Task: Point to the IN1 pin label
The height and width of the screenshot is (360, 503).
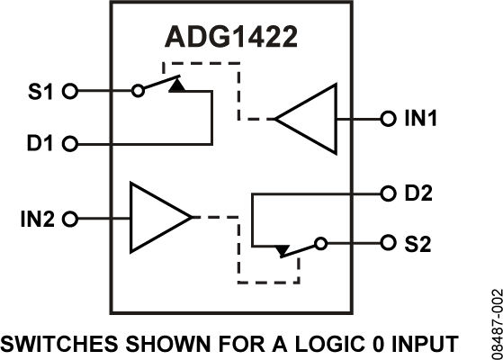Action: tap(419, 119)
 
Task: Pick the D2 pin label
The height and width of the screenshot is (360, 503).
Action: tap(418, 193)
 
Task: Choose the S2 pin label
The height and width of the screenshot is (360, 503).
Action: tap(418, 244)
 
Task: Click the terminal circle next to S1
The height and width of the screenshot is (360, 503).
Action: tap(72, 91)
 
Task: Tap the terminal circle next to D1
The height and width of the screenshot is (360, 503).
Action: tap(72, 144)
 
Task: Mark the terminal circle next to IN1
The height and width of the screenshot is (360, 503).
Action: tap(387, 119)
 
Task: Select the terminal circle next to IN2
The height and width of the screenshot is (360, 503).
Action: tap(72, 218)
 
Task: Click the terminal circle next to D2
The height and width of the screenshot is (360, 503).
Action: tap(387, 193)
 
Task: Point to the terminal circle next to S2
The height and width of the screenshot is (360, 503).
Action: tap(387, 244)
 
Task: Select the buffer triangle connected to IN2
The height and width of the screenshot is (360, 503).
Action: tap(155, 218)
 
